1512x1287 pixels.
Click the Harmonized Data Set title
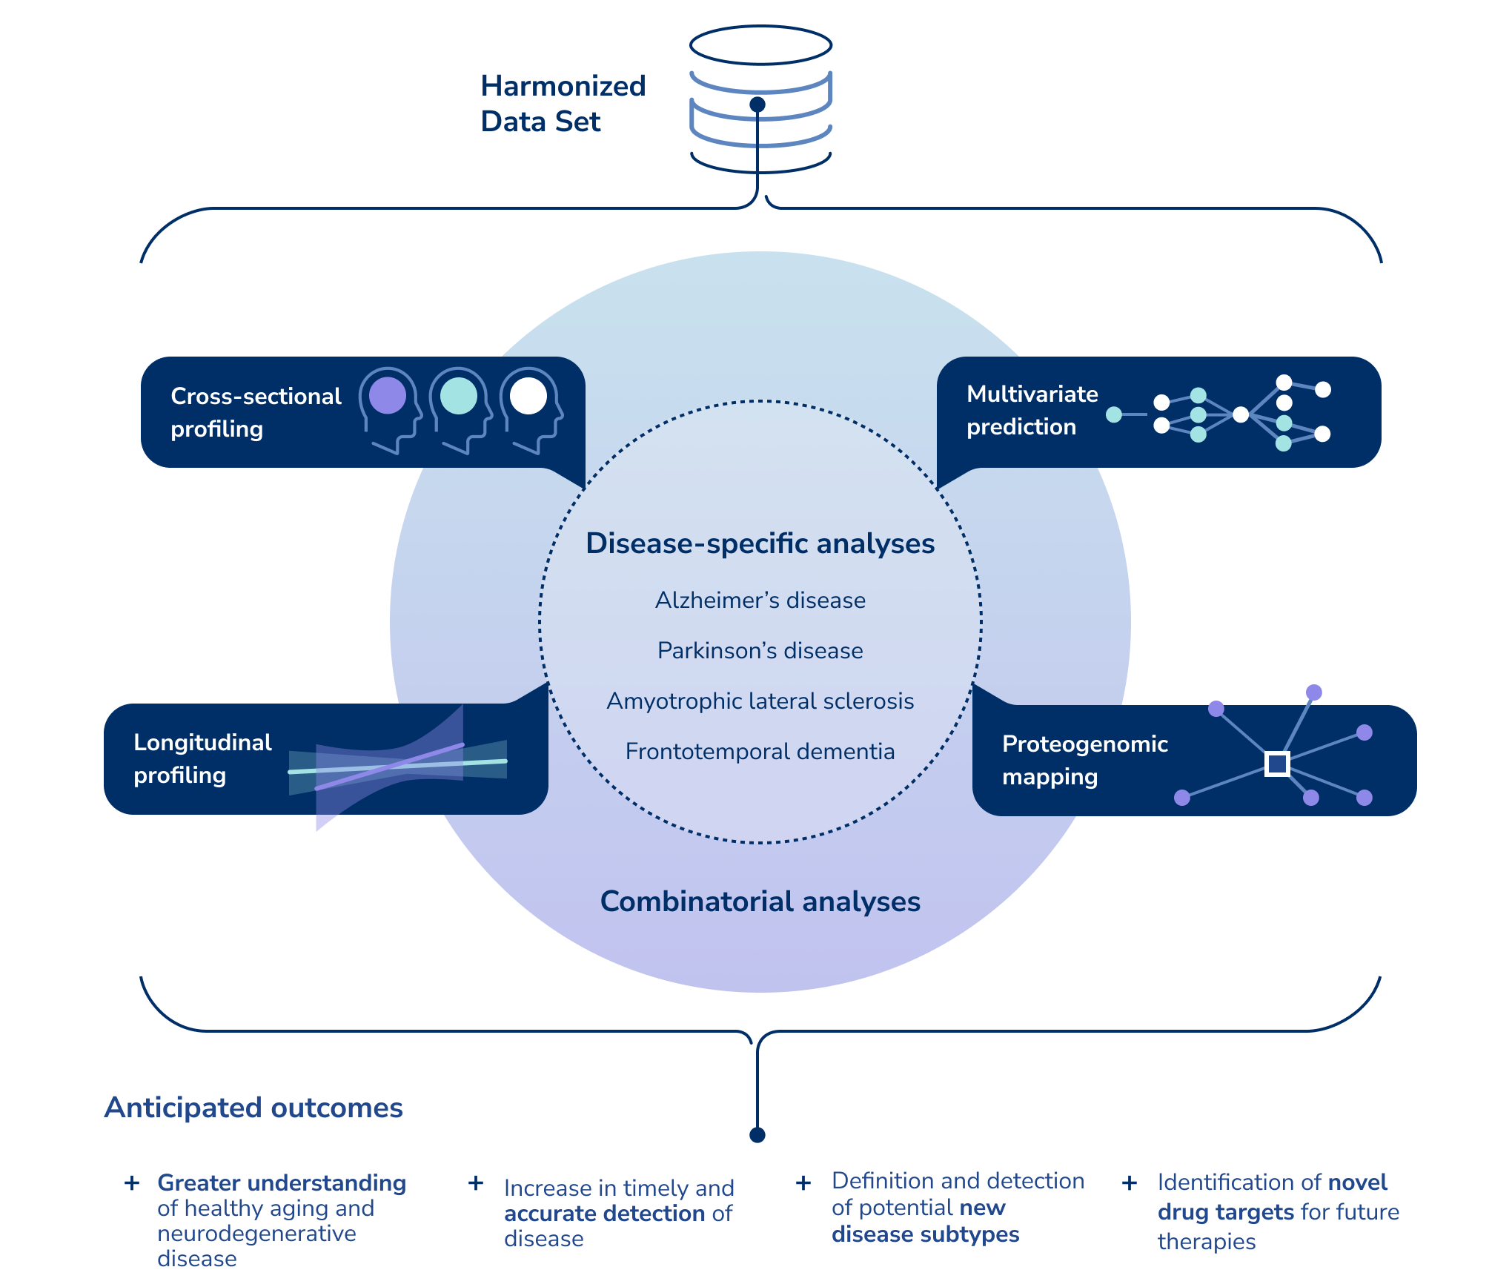[563, 104]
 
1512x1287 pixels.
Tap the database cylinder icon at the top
[760, 100]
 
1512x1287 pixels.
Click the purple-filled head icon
[388, 396]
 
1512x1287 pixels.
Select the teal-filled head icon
[459, 396]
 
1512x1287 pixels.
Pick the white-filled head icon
[528, 396]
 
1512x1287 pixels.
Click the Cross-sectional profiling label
[255, 412]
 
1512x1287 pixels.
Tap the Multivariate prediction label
[1032, 410]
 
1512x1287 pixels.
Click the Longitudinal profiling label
[202, 758]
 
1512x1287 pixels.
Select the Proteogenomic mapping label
[1084, 760]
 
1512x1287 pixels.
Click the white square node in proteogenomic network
[1277, 764]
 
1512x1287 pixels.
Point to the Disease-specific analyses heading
[760, 543]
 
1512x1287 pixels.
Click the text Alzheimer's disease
[760, 600]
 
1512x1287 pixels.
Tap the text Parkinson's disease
[760, 650]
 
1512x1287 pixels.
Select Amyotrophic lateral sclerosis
[760, 701]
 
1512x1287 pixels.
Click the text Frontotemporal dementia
[760, 751]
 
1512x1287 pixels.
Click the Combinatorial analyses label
[760, 901]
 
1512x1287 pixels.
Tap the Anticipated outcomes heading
[253, 1108]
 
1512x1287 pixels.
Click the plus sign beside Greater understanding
[132, 1182]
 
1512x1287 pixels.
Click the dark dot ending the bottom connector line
[757, 1135]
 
